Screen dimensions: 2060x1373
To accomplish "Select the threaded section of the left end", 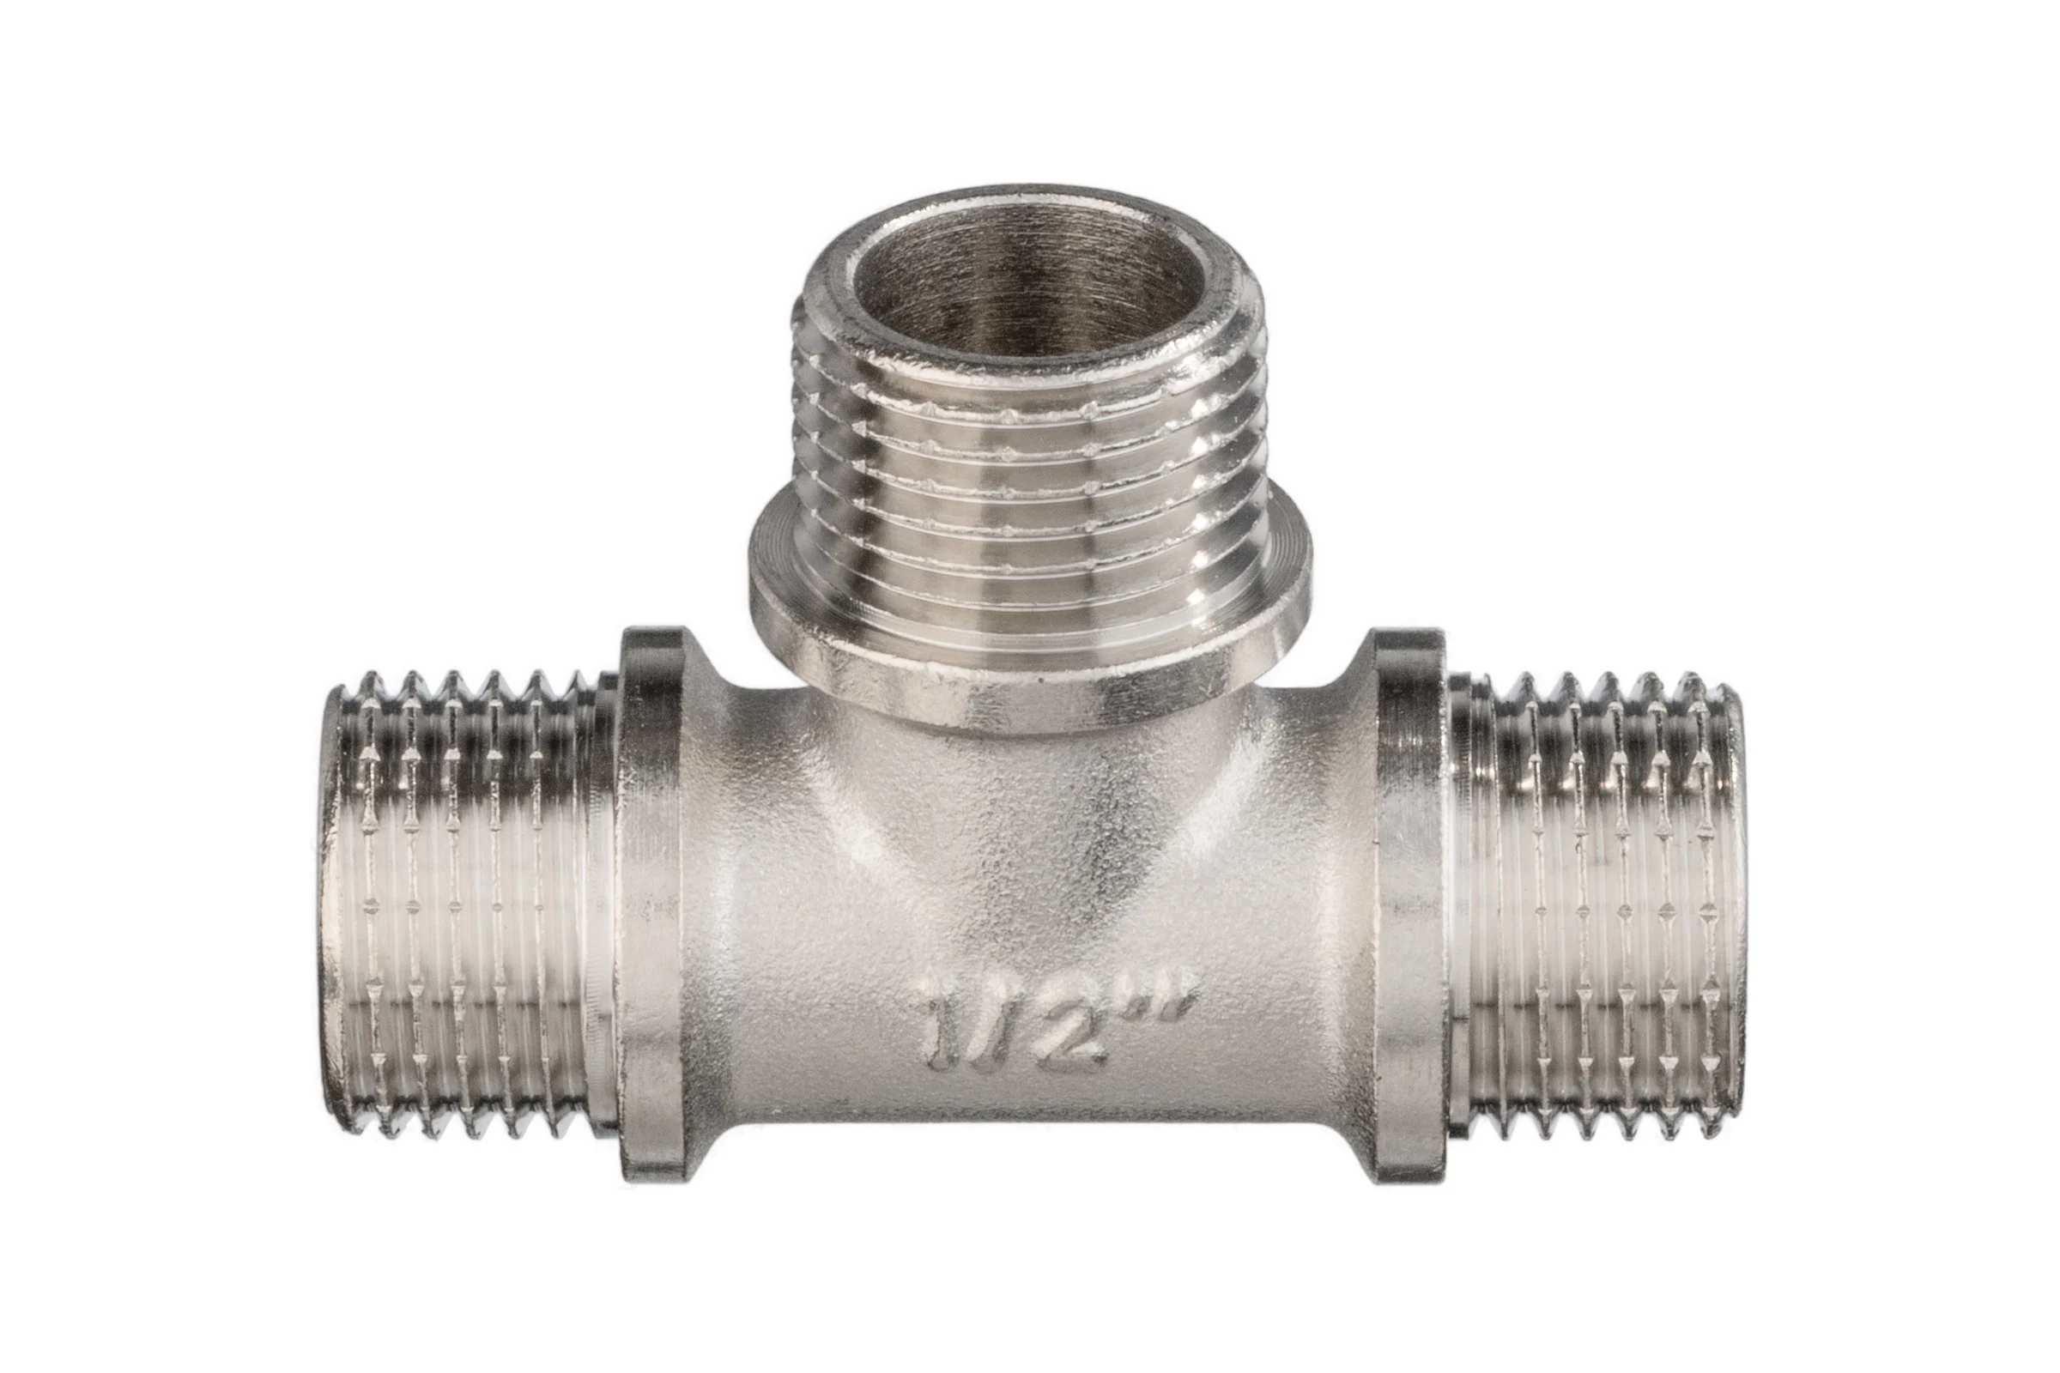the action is pos(469,906).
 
